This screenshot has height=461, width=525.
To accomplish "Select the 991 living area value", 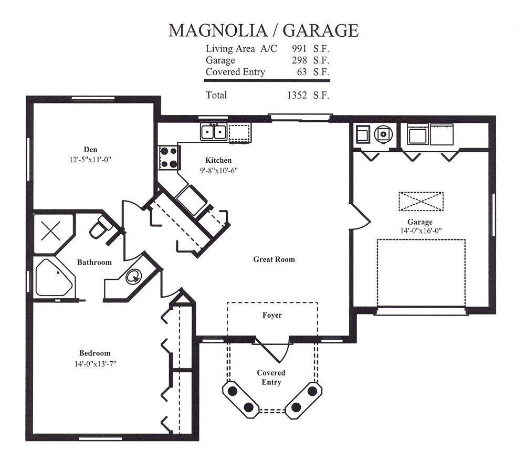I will coord(300,48).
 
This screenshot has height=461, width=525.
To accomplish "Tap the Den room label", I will coord(90,149).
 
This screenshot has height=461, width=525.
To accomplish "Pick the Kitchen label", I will coord(218,160).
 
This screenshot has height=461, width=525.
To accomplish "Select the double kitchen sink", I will coord(213,131).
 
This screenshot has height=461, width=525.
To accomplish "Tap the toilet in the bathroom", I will coord(99,230).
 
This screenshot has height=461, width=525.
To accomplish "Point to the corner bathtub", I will coord(51,277).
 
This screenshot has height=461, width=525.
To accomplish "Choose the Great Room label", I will coord(274,259).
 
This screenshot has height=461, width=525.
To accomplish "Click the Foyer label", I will coord(272,315).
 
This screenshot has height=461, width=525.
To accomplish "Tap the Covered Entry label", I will coord(271,378).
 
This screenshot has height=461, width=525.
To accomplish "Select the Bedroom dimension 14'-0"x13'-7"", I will coord(94,363).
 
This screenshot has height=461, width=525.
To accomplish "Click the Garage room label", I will coord(419,222).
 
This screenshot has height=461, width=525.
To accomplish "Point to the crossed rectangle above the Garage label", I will coord(421,202).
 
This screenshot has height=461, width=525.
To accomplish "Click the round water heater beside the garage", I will coord(384,134).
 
